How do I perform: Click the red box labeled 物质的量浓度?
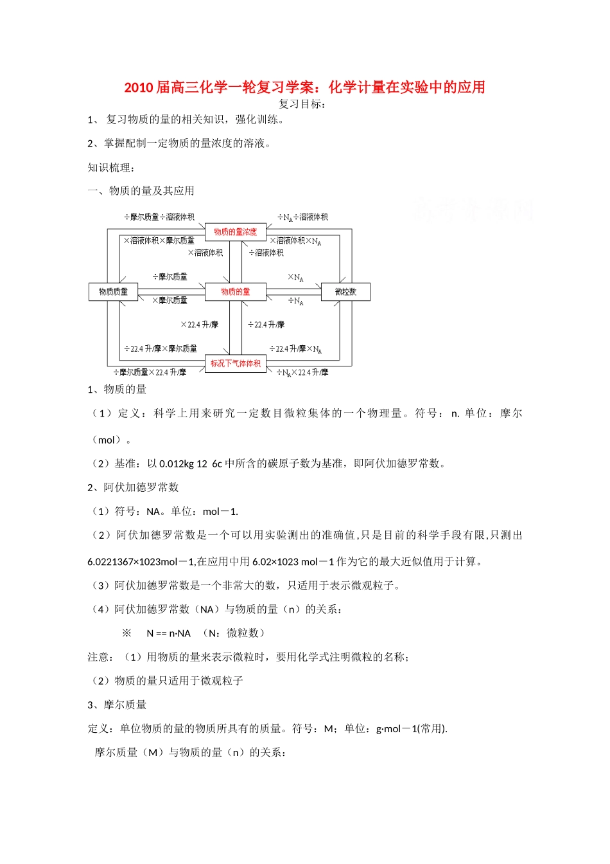point(235,231)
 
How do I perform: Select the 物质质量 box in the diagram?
point(113,292)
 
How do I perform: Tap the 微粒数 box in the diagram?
point(345,292)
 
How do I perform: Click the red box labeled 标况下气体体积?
point(235,364)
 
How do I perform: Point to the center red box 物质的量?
point(235,292)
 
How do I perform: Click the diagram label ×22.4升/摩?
point(199,325)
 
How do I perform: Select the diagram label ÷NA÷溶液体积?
point(302,217)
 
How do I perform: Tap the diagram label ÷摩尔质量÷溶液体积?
point(159,217)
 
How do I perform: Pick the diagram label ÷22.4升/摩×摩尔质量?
point(161,348)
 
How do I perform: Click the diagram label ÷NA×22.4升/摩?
point(302,372)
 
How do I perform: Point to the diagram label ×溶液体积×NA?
point(295,241)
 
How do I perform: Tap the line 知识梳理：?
point(111,167)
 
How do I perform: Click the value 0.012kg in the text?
point(177,464)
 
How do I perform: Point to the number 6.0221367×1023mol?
point(132,562)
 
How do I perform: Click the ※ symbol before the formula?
point(126,633)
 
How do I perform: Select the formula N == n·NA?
point(169,633)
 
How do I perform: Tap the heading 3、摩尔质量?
point(117,705)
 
